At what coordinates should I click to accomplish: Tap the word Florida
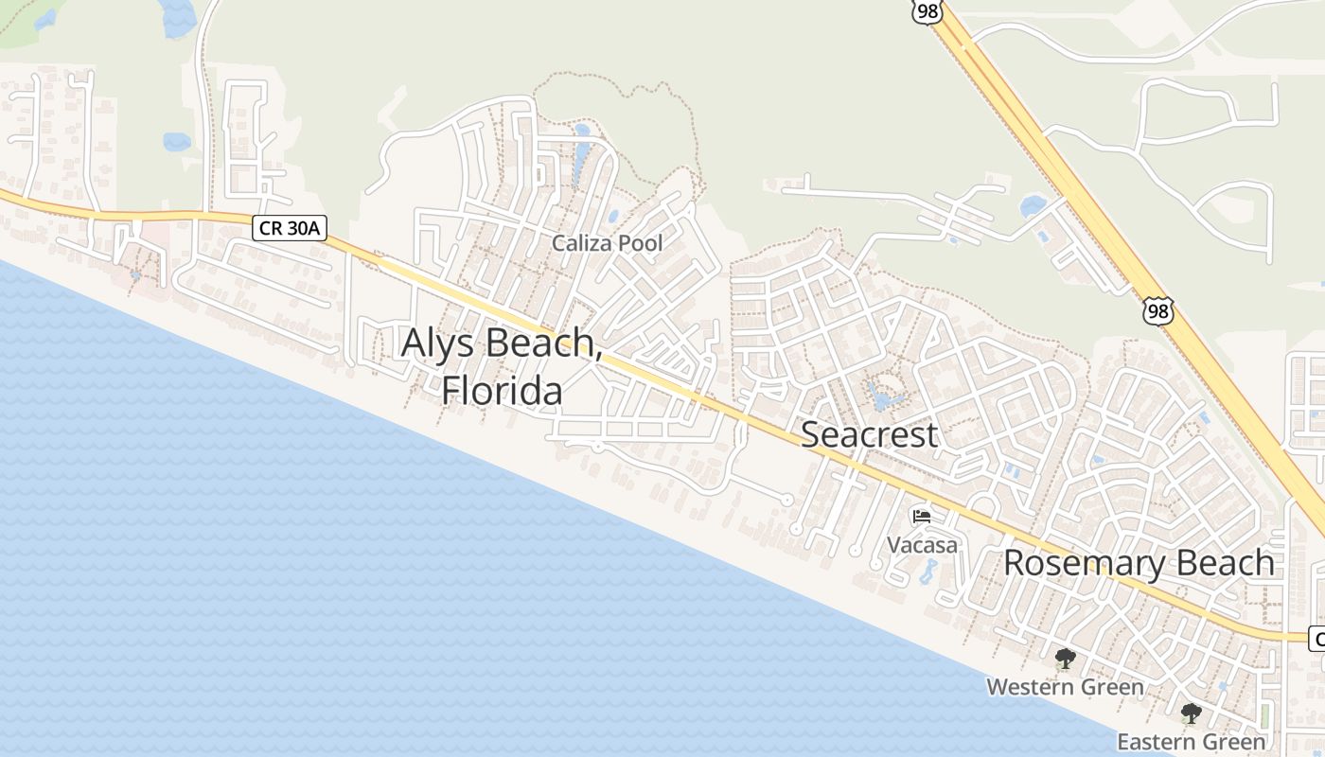[x=502, y=389]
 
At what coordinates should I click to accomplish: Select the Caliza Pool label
[x=607, y=243]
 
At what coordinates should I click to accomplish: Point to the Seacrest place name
[x=869, y=434]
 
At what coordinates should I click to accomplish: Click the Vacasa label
[x=922, y=545]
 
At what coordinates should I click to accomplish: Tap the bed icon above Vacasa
[x=922, y=517]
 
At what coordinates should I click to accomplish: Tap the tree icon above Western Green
[x=1066, y=659]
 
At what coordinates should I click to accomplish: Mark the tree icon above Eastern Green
[x=1191, y=713]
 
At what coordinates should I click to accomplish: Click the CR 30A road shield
[x=290, y=228]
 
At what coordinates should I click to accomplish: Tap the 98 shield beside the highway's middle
[x=1157, y=310]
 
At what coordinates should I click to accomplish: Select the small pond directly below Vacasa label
[x=927, y=572]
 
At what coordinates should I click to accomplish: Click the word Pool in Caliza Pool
[x=640, y=243]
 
